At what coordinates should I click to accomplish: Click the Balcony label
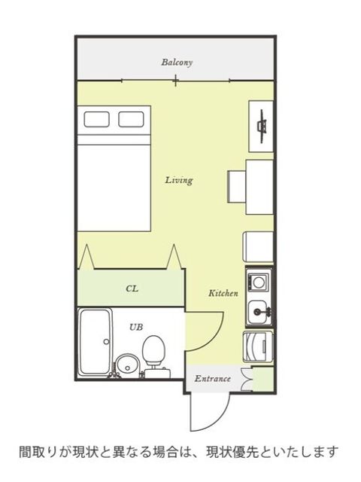click(177, 63)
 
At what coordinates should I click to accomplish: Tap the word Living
click(179, 180)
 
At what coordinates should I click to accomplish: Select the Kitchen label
click(223, 293)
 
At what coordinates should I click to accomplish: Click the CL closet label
click(132, 288)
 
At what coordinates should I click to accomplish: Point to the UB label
click(136, 328)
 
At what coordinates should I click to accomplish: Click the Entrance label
click(212, 378)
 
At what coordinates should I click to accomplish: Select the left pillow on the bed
click(96, 119)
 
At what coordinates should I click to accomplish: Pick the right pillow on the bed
click(131, 119)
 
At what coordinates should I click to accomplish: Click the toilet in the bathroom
click(155, 356)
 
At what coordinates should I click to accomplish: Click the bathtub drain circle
click(107, 341)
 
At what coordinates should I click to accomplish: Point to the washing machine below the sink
click(258, 346)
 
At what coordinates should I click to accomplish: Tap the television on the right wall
click(262, 126)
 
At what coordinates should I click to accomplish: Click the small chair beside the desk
click(236, 187)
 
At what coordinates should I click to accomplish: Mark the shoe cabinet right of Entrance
click(262, 379)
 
